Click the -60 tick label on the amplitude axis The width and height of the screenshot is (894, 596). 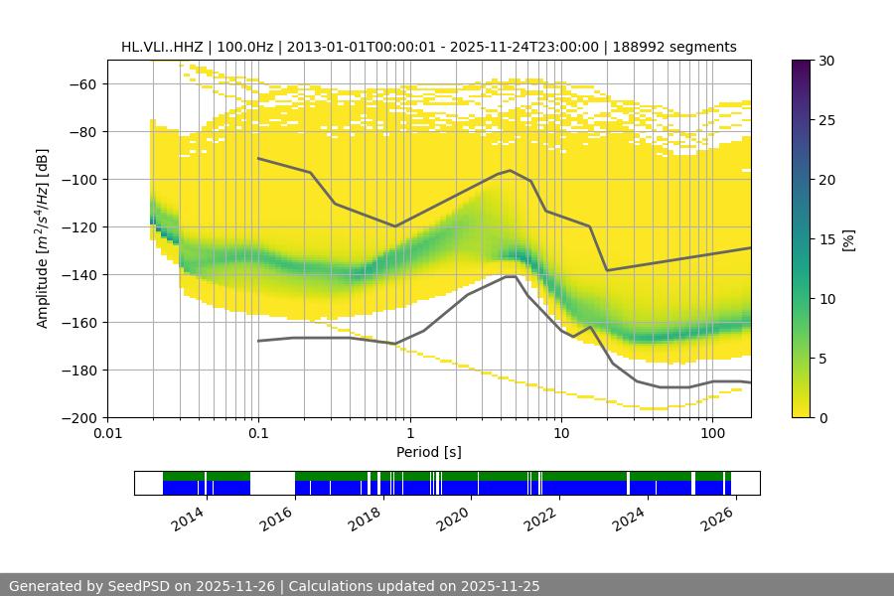point(80,83)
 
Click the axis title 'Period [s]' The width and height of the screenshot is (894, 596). point(428,452)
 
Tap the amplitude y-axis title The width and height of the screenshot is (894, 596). point(43,238)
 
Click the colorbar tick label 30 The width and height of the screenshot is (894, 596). point(825,61)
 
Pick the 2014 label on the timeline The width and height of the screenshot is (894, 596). point(189,519)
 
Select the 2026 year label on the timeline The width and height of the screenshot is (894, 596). point(718,519)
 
